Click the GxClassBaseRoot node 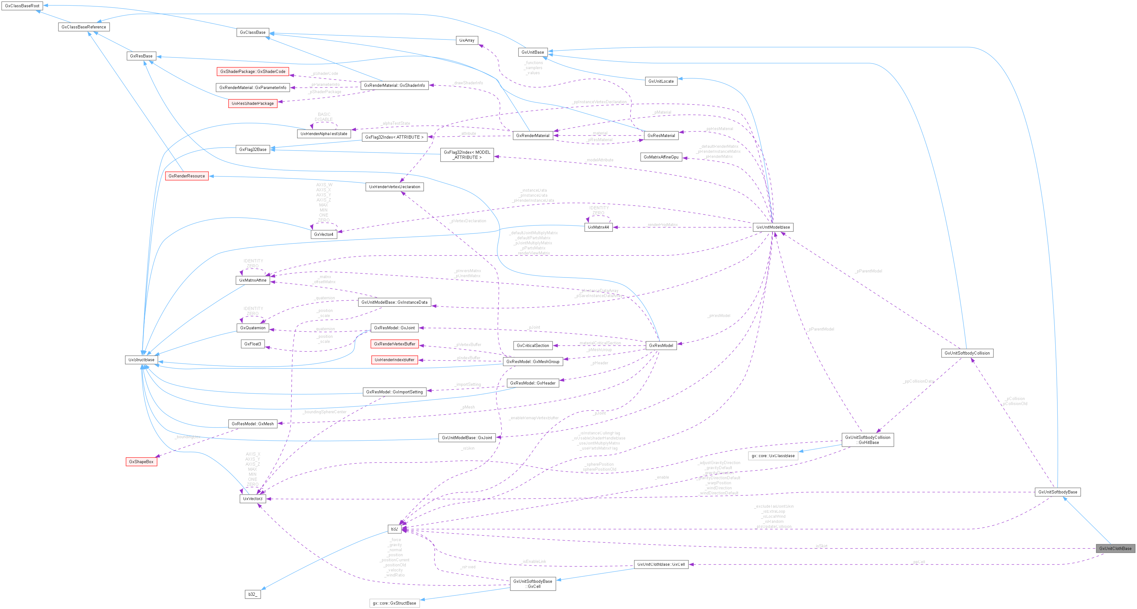[x=22, y=6]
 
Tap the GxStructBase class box [x=141, y=360]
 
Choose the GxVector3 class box [x=253, y=499]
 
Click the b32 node [x=394, y=529]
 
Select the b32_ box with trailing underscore [x=253, y=594]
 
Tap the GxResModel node [x=661, y=345]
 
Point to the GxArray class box [x=467, y=40]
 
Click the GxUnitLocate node [x=661, y=81]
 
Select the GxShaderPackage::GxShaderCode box [x=253, y=71]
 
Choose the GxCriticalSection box [x=533, y=345]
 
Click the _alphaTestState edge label [x=396, y=123]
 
